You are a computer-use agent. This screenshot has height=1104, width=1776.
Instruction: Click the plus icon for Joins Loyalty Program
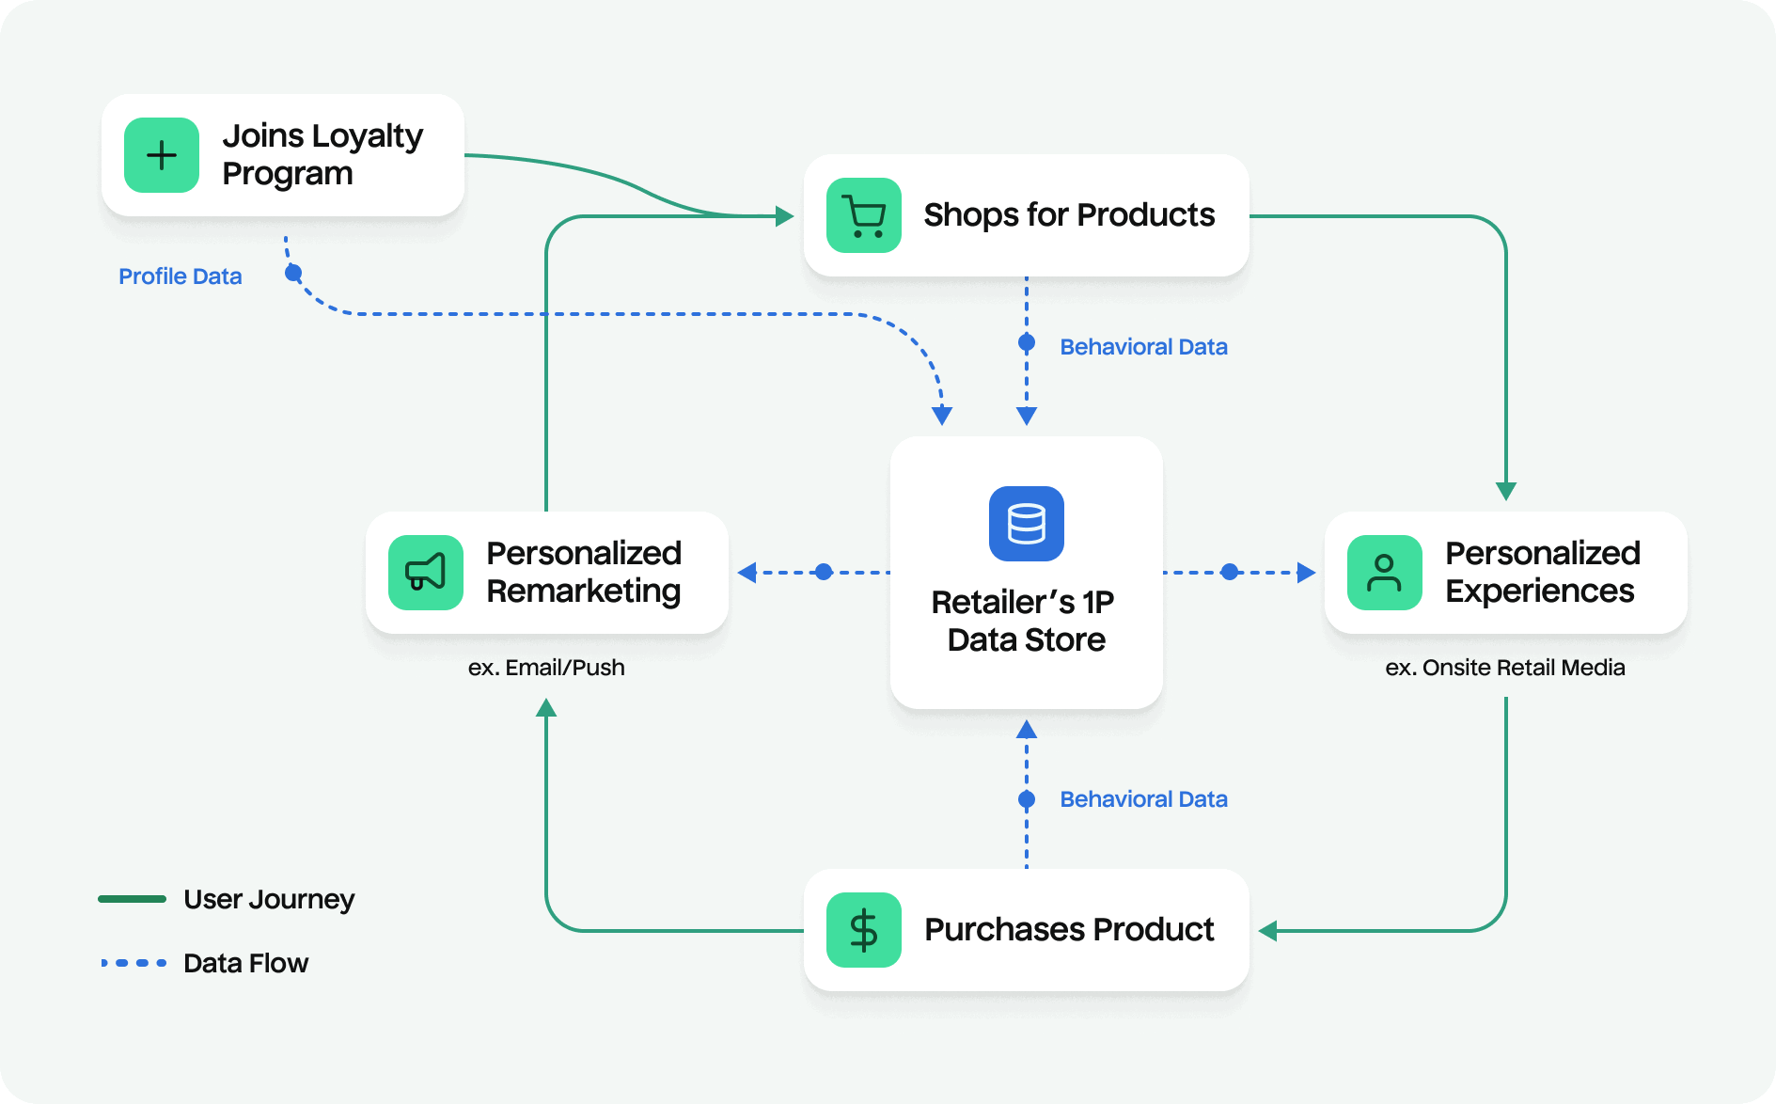[162, 155]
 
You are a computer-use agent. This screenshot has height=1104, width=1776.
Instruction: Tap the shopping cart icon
[863, 215]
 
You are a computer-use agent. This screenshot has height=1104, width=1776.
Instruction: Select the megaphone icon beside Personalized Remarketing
[425, 572]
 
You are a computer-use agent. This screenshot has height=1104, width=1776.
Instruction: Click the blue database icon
[1026, 524]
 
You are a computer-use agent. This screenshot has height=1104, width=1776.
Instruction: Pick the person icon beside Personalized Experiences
[1384, 572]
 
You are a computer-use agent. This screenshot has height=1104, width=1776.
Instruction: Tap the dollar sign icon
[863, 930]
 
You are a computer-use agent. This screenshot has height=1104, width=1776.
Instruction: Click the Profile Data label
[181, 276]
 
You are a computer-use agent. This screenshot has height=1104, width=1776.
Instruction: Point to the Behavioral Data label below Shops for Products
[1143, 347]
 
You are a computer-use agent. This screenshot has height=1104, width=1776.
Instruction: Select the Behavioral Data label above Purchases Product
[1143, 799]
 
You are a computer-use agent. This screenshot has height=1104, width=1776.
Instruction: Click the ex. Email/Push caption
[546, 668]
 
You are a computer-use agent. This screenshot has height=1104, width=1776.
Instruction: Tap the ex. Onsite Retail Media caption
[1504, 668]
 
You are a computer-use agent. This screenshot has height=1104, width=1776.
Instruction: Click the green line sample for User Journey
[133, 899]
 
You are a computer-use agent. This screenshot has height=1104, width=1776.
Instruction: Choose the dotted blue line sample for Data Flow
[134, 963]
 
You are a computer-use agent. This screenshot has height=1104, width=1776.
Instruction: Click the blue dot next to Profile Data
[293, 274]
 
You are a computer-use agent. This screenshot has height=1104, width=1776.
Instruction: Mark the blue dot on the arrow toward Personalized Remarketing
[824, 572]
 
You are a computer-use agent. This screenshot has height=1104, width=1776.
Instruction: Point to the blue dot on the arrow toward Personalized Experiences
[1230, 572]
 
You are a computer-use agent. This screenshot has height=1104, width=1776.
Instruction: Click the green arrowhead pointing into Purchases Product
[1268, 931]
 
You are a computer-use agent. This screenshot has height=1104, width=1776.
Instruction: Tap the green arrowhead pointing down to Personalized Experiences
[1506, 491]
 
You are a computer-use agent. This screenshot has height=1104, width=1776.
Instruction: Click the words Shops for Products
[1069, 215]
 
